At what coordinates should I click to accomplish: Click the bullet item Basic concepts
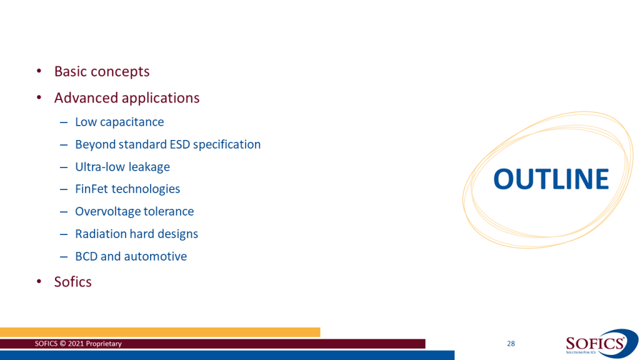[x=102, y=71]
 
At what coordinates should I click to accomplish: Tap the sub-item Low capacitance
[x=119, y=122]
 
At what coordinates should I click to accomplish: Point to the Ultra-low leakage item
[x=122, y=167]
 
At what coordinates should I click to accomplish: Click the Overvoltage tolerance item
[x=134, y=211]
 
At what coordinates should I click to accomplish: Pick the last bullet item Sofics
[x=72, y=282]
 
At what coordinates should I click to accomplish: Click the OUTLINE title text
[x=551, y=179]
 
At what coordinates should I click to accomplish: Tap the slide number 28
[x=511, y=344]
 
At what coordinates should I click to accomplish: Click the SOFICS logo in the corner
[x=601, y=344]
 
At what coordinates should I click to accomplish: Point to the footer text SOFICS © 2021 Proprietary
[x=78, y=344]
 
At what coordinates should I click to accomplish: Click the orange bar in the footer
[x=160, y=332]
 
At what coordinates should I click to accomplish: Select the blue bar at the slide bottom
[x=227, y=355]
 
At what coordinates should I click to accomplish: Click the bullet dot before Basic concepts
[x=39, y=71]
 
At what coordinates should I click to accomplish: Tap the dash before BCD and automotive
[x=64, y=257]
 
